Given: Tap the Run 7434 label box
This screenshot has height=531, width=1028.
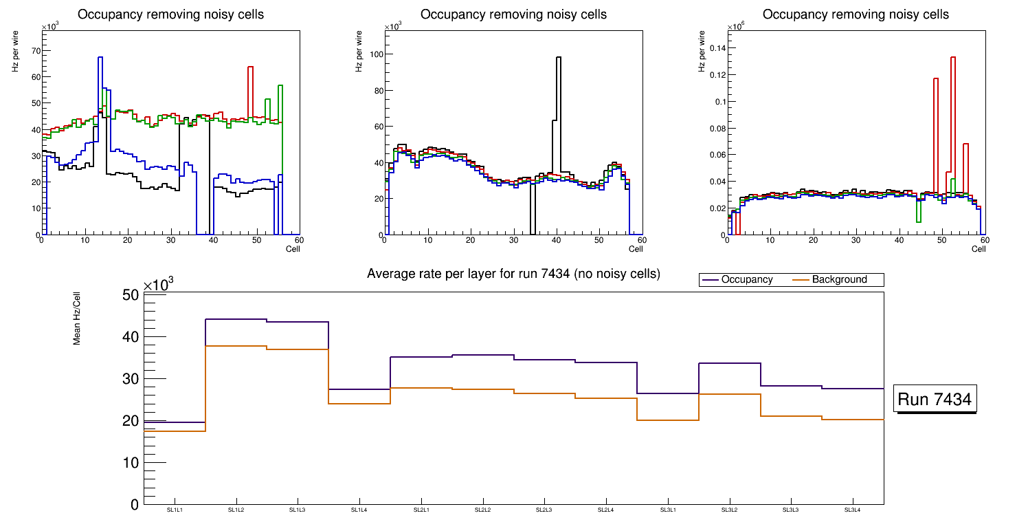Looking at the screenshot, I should pyautogui.click(x=935, y=400).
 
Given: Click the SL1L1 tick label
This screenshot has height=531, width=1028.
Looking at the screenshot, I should pyautogui.click(x=175, y=510).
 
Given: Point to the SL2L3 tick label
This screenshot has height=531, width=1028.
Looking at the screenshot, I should pyautogui.click(x=544, y=510).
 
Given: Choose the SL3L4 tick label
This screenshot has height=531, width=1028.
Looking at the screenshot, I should pyautogui.click(x=853, y=510).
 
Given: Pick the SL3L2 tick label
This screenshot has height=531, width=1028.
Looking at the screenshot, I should pyautogui.click(x=729, y=510).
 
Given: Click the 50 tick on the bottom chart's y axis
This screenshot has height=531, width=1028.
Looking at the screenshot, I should pyautogui.click(x=131, y=295).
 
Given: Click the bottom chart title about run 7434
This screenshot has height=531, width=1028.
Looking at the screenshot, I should pyautogui.click(x=513, y=274).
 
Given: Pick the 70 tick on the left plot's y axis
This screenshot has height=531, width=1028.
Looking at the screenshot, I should pyautogui.click(x=34, y=51).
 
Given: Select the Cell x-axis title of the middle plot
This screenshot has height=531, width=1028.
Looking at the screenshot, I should pyautogui.click(x=636, y=249).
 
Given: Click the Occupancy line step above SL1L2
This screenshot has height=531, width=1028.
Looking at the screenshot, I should pyautogui.click(x=236, y=319).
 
